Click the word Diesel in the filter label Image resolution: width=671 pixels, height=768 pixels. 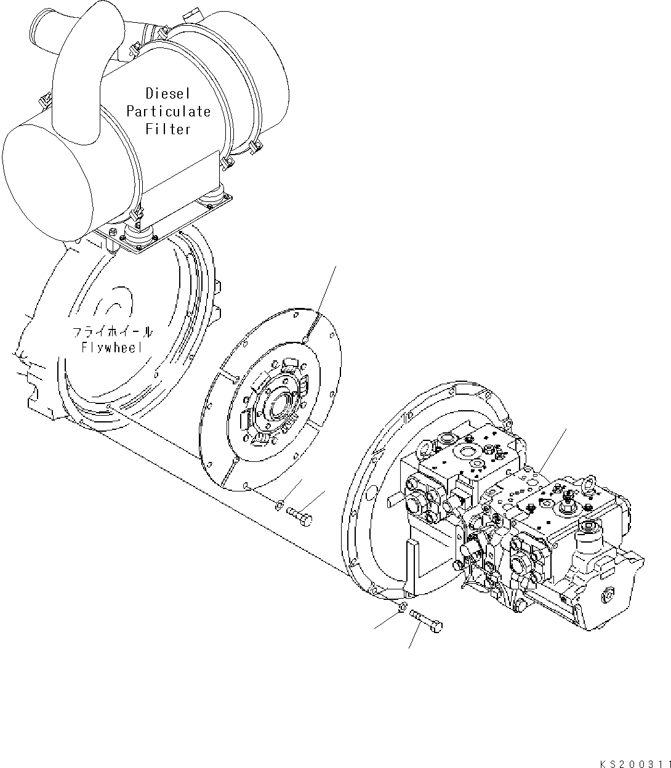pos(168,94)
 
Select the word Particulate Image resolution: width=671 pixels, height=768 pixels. pos(168,111)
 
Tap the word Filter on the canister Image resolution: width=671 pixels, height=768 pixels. pos(168,129)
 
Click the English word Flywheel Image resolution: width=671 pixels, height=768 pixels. pos(112,347)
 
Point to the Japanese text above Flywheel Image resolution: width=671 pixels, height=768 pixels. pos(112,332)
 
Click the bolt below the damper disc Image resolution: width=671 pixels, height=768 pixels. pos(299,513)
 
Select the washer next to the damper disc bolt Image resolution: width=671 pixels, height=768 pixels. pos(279,506)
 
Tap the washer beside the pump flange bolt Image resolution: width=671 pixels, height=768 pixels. pos(401,608)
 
